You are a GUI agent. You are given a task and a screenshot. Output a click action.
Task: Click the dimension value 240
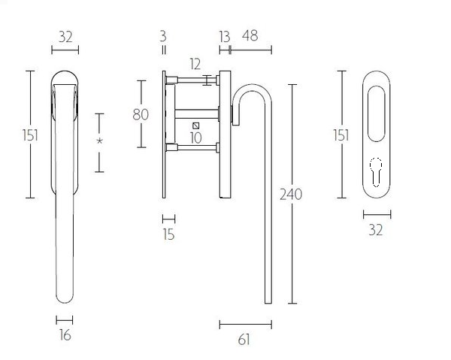pyautogui.click(x=290, y=194)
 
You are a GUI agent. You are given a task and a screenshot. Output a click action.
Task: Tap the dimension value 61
pyautogui.click(x=244, y=340)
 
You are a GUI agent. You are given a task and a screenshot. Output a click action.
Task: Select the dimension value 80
pyautogui.click(x=141, y=114)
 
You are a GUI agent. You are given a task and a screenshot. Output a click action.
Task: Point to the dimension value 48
pyautogui.click(x=250, y=35)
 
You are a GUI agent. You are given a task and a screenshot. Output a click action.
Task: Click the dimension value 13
pyautogui.click(x=224, y=35)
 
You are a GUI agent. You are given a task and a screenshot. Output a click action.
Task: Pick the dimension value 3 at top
pyautogui.click(x=163, y=35)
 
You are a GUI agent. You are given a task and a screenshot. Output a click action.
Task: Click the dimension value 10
pyautogui.click(x=195, y=138)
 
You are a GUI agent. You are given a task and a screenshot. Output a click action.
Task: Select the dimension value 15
pyautogui.click(x=168, y=234)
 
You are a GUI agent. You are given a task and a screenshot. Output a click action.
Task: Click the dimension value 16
pyautogui.click(x=65, y=335)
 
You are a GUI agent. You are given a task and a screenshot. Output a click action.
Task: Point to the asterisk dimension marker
pyautogui.click(x=99, y=142)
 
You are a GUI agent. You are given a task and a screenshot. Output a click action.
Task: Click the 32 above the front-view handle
pyautogui.click(x=65, y=35)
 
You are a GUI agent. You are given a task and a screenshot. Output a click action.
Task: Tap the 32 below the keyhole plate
pyautogui.click(x=376, y=230)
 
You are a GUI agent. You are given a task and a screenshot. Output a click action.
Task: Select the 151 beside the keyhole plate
pyautogui.click(x=341, y=135)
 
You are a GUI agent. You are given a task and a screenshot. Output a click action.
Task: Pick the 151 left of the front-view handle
pyautogui.click(x=29, y=135)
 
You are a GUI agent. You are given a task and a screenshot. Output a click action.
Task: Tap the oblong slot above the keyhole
pyautogui.click(x=376, y=113)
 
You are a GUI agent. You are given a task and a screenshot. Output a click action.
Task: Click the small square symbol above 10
pyautogui.click(x=195, y=125)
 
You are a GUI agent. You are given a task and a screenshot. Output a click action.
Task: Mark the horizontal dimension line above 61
pyautogui.click(x=245, y=325)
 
